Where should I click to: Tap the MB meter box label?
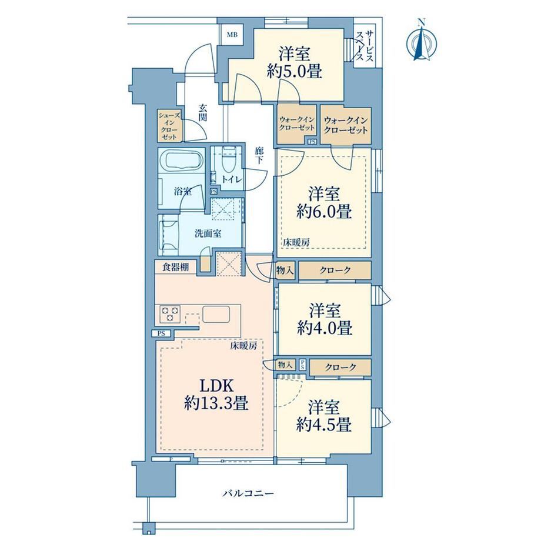pyautogui.click(x=232, y=35)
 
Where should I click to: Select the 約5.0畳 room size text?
pyautogui.click(x=294, y=71)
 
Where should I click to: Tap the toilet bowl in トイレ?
pyautogui.click(x=228, y=161)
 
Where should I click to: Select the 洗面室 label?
pyautogui.click(x=208, y=233)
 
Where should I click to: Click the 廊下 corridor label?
pyautogui.click(x=259, y=156)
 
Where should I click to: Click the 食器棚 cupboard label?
pyautogui.click(x=175, y=267)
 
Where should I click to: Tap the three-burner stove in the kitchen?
pyautogui.click(x=170, y=314)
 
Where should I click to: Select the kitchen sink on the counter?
pyautogui.click(x=216, y=313)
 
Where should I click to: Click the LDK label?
pyautogui.click(x=216, y=386)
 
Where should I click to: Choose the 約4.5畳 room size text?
pyautogui.click(x=324, y=425)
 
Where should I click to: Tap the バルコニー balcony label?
pyautogui.click(x=248, y=493)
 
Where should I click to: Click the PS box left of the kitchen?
pyautogui.click(x=161, y=333)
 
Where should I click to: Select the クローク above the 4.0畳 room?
pyautogui.click(x=335, y=270)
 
